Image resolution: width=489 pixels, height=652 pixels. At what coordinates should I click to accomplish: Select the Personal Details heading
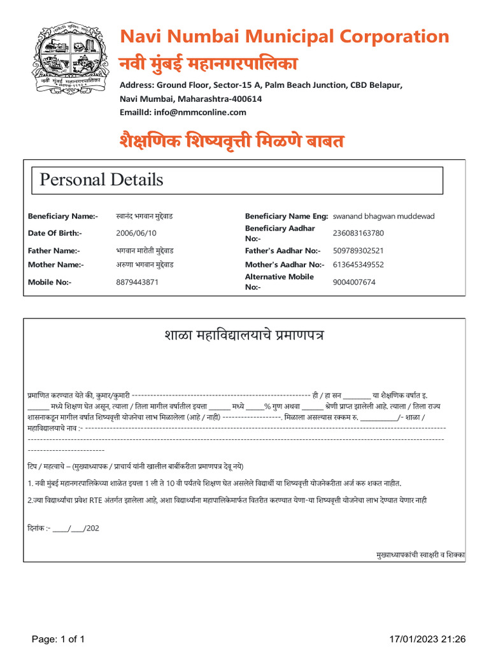(x=101, y=180)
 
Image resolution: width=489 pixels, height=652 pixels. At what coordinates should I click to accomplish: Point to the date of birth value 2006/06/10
(x=136, y=233)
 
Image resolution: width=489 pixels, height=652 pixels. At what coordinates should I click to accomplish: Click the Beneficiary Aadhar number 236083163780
(x=358, y=233)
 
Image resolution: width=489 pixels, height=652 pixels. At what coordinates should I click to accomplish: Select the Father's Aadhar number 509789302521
(x=358, y=251)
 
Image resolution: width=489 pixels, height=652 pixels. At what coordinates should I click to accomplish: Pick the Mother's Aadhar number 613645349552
(x=358, y=264)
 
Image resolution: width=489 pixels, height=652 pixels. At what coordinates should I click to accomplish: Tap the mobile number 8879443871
(x=138, y=282)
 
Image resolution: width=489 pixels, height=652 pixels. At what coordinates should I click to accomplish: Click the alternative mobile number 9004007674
(x=354, y=282)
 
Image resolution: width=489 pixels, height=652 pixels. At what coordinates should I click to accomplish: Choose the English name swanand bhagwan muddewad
(x=384, y=216)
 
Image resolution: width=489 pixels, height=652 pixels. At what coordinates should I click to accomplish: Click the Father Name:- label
(x=53, y=251)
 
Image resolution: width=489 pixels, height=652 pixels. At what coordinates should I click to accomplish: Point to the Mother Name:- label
(x=55, y=264)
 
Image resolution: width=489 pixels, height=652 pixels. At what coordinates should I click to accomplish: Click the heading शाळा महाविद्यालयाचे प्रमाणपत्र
(x=244, y=335)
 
